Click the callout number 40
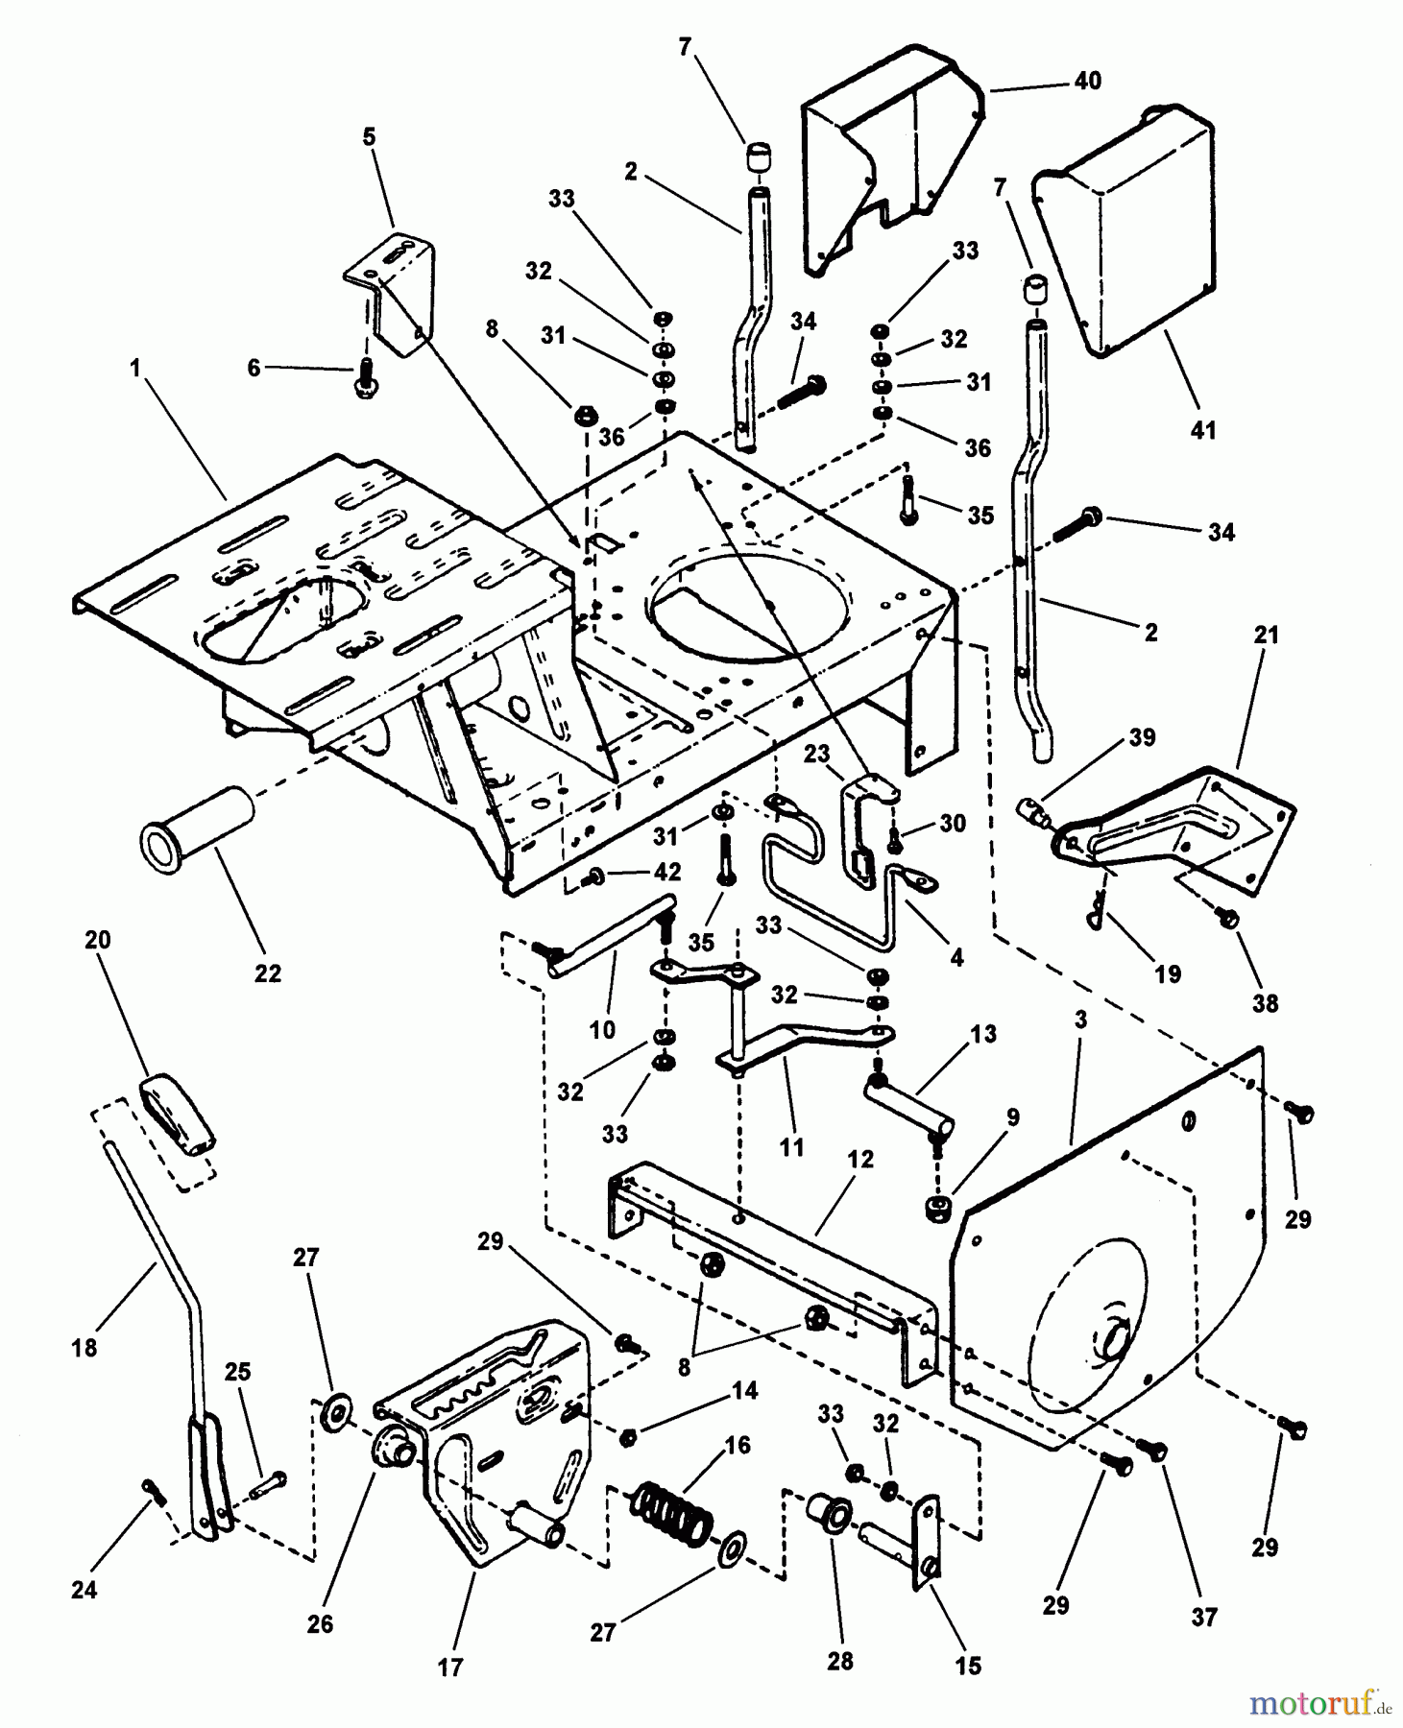(x=1087, y=82)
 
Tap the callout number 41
(x=1202, y=431)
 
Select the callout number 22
(x=267, y=972)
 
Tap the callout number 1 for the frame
(x=136, y=368)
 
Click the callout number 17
(x=449, y=1668)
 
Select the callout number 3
(x=1080, y=1020)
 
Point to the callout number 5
(x=369, y=137)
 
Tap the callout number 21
(x=1267, y=635)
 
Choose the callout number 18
(x=85, y=1348)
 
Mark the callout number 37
(x=1203, y=1618)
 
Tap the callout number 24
(x=85, y=1590)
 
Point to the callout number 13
(x=983, y=1034)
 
